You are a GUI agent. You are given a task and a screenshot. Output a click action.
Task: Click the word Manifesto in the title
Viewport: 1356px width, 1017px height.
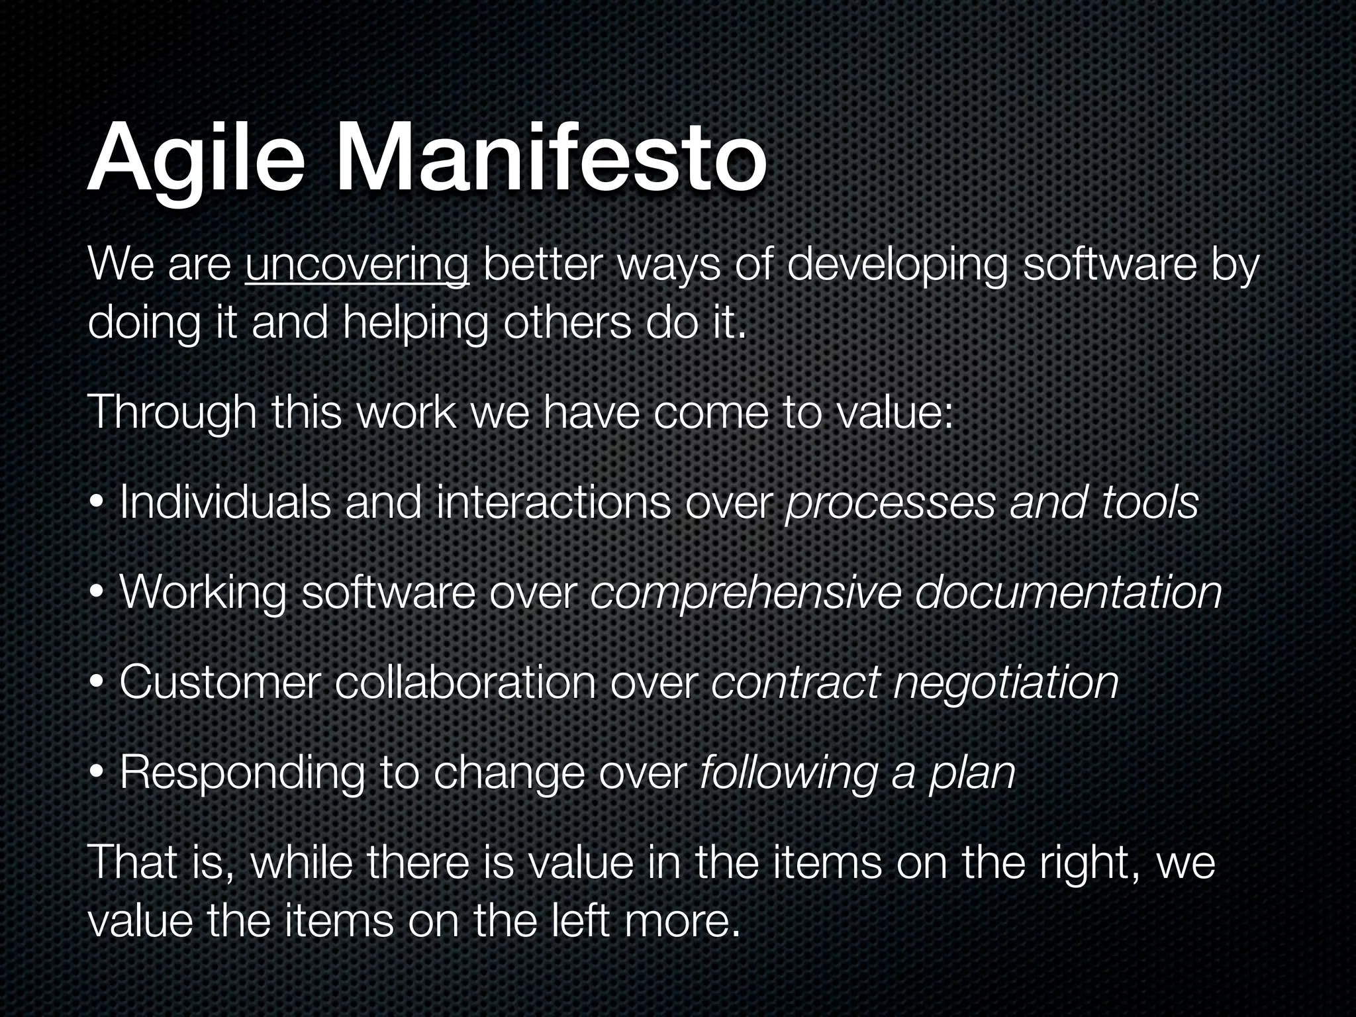tap(551, 161)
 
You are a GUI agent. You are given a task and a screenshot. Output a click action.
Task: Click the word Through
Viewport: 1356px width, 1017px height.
tap(171, 414)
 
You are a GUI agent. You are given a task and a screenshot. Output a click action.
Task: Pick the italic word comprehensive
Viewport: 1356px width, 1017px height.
tap(746, 593)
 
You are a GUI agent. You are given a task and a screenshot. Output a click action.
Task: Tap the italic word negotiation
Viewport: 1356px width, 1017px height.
tap(1006, 684)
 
